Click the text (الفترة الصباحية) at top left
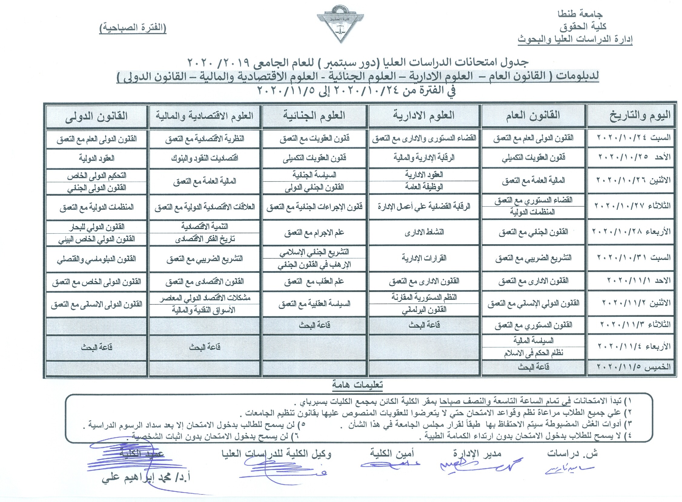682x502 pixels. (x=133, y=28)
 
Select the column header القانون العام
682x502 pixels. (x=533, y=116)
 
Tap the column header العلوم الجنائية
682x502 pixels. (x=314, y=116)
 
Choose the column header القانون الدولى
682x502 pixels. (x=96, y=116)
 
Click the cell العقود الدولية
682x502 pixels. (x=96, y=158)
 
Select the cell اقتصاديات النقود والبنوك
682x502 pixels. (x=204, y=158)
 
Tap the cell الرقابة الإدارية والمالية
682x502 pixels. (x=424, y=158)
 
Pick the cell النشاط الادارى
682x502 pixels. (x=424, y=232)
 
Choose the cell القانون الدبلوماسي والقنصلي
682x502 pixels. (x=96, y=259)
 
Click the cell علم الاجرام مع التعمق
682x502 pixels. (x=314, y=233)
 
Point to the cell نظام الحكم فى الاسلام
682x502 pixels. (x=533, y=353)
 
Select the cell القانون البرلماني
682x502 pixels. (x=424, y=310)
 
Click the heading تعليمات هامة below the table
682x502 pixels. (x=357, y=385)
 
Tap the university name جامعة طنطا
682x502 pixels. (x=580, y=14)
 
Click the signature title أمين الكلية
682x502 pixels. (x=392, y=454)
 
